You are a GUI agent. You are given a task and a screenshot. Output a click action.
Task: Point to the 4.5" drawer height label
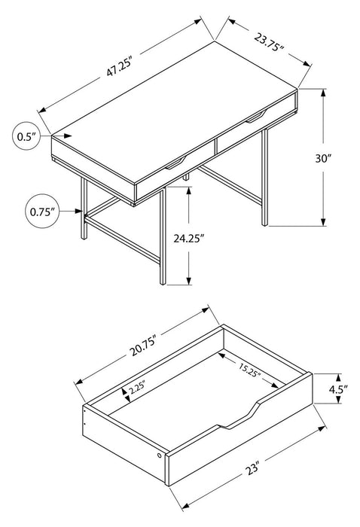coord(339,390)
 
